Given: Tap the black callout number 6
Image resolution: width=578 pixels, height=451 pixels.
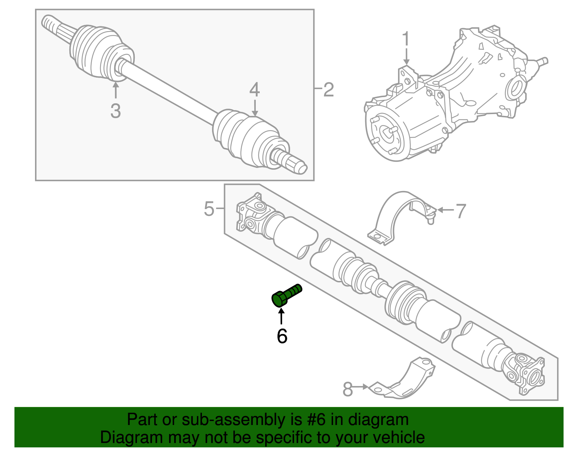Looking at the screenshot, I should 282,336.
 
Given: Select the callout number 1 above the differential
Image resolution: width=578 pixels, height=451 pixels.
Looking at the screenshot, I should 406,39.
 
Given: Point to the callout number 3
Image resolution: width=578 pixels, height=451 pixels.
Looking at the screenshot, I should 116,110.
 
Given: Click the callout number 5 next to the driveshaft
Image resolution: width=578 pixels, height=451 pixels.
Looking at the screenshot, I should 209,209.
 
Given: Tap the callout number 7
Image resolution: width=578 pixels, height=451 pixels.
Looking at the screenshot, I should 461,211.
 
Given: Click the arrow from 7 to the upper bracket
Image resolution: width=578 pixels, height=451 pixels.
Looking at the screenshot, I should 445,210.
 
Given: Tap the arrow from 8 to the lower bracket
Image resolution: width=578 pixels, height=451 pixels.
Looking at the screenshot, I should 360,387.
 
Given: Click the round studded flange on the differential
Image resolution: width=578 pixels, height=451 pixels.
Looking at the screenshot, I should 385,135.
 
